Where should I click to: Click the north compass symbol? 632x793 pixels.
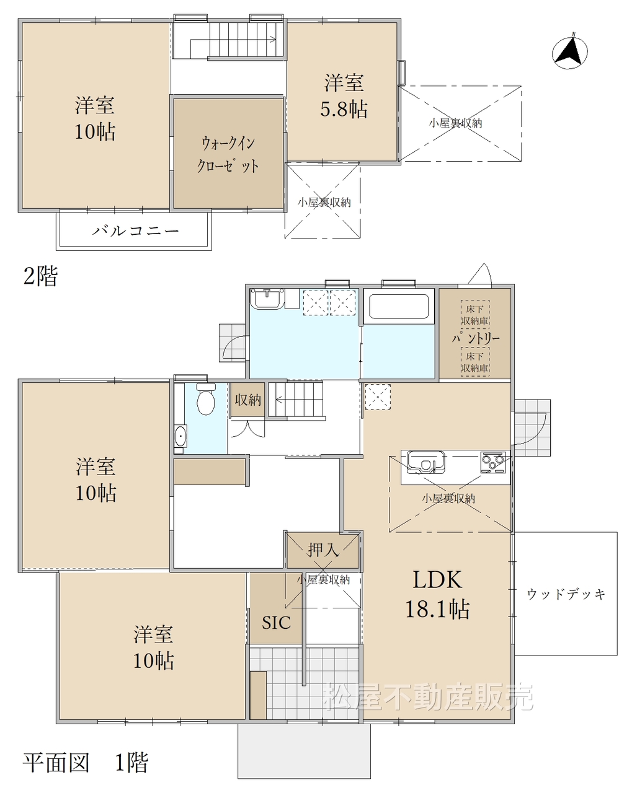tap(569, 51)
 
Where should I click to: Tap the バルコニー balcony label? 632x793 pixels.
tap(135, 231)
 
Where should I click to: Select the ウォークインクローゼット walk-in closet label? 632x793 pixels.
tap(228, 154)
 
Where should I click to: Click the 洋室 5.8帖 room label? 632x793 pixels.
tap(344, 96)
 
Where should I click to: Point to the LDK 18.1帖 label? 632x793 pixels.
tap(437, 594)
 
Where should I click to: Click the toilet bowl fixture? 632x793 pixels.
tap(206, 398)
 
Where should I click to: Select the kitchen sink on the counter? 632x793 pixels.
tap(426, 462)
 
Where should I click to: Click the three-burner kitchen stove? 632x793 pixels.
tap(492, 462)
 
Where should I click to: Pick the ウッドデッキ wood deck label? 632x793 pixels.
tap(566, 594)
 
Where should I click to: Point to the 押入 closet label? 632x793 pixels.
tap(323, 550)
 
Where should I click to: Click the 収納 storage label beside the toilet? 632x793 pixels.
tap(248, 400)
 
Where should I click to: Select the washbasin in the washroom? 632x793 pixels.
tap(267, 299)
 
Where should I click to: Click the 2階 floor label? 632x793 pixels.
tap(40, 276)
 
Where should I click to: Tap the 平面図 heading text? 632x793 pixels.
tap(56, 763)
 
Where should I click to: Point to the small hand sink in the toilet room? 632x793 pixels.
tap(180, 436)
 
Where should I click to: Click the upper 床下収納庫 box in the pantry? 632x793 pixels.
tap(475, 314)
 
